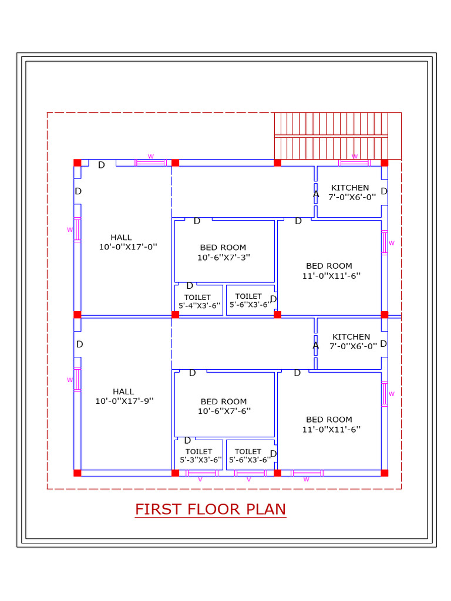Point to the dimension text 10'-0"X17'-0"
click(128, 247)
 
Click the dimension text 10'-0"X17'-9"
click(124, 401)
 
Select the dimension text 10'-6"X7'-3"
click(224, 257)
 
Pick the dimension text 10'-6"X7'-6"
click(224, 411)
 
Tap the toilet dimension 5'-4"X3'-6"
click(200, 305)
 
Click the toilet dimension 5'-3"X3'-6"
click(200, 460)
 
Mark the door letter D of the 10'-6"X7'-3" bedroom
click(197, 221)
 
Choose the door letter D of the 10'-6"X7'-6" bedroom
click(192, 373)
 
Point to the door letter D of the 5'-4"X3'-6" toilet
click(189, 286)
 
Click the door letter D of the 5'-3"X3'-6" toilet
click(187, 441)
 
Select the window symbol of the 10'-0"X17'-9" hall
click(77, 379)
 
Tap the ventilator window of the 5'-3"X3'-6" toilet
click(201, 473)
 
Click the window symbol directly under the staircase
click(354, 163)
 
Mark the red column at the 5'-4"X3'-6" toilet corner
click(175, 315)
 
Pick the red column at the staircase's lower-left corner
click(277, 163)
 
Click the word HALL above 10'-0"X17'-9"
click(123, 391)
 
